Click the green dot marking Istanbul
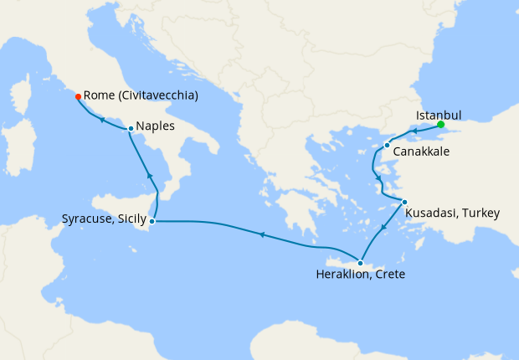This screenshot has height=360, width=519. click(x=441, y=125)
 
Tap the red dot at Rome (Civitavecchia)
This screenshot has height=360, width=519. click(x=78, y=96)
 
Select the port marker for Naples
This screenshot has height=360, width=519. click(x=131, y=128)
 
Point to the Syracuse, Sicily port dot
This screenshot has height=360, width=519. click(x=152, y=221)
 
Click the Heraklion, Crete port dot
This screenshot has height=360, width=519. click(x=361, y=263)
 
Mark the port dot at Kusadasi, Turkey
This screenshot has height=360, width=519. click(x=404, y=202)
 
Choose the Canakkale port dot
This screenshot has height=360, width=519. click(x=387, y=146)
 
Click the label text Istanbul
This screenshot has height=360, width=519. click(x=439, y=116)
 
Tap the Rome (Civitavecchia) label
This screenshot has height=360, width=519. click(x=141, y=96)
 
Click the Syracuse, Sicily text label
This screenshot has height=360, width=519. click(x=104, y=220)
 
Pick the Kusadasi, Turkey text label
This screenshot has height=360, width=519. click(x=452, y=213)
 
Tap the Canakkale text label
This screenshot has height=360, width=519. click(x=422, y=152)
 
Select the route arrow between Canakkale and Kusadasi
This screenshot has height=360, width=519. click(x=379, y=178)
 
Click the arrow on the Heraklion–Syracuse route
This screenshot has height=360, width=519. click(x=262, y=235)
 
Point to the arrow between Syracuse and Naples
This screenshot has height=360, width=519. click(x=150, y=176)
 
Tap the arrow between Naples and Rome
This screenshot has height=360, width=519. click(x=101, y=120)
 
